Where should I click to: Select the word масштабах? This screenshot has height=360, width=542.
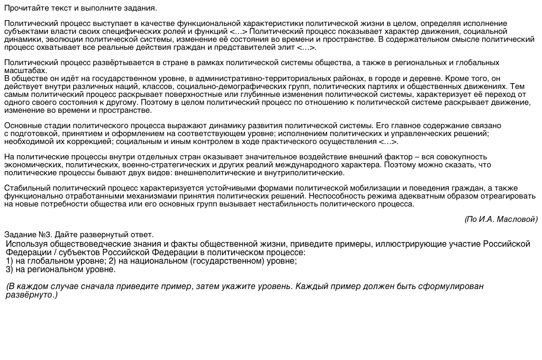pos(25,70)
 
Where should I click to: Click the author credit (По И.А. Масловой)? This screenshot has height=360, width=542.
pos(501,219)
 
